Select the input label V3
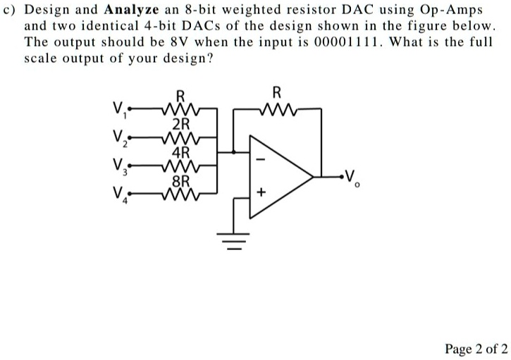click(x=119, y=168)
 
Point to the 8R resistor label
click(x=181, y=180)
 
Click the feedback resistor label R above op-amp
click(x=276, y=92)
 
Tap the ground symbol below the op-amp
click(x=235, y=242)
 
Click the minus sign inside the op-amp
click(x=259, y=161)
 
